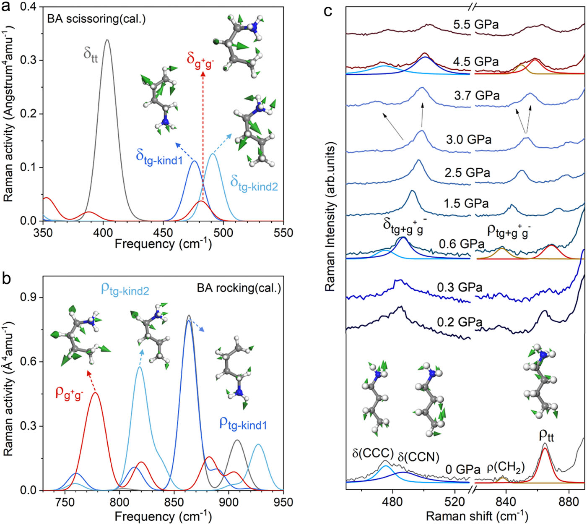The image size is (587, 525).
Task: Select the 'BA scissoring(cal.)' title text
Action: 96,19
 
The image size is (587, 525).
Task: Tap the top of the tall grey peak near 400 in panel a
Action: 107,40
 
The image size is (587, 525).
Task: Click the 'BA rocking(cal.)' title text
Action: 239,288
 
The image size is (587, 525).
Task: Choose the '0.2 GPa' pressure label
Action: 460,322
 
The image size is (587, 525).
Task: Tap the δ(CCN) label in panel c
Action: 418,457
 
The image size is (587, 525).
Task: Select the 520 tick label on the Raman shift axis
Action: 455,502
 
